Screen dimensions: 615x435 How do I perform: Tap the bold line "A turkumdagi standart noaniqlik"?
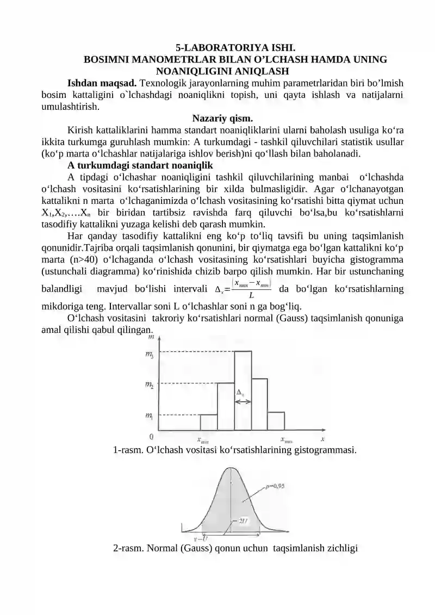point(140,165)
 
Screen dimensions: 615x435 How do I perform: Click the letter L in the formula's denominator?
point(251,296)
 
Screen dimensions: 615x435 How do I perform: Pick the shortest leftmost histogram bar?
point(209,422)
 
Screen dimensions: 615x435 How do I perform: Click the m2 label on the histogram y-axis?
point(148,385)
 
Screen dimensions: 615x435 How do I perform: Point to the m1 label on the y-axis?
point(148,416)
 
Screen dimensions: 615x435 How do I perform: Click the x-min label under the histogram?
point(202,440)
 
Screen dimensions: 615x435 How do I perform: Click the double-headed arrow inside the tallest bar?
point(243,402)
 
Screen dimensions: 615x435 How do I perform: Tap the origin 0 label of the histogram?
point(151,437)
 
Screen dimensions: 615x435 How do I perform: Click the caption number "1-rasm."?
point(128,450)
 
